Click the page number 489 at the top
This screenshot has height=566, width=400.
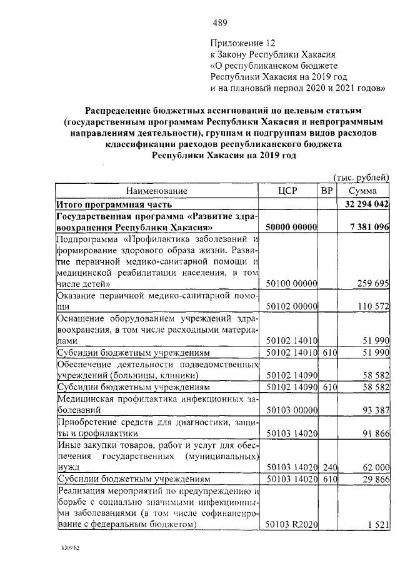(x=219, y=24)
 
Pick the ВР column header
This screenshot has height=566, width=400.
(x=326, y=190)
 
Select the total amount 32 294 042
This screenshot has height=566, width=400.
(x=367, y=204)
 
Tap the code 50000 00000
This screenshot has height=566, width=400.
(x=291, y=226)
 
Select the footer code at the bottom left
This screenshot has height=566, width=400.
(x=68, y=553)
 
